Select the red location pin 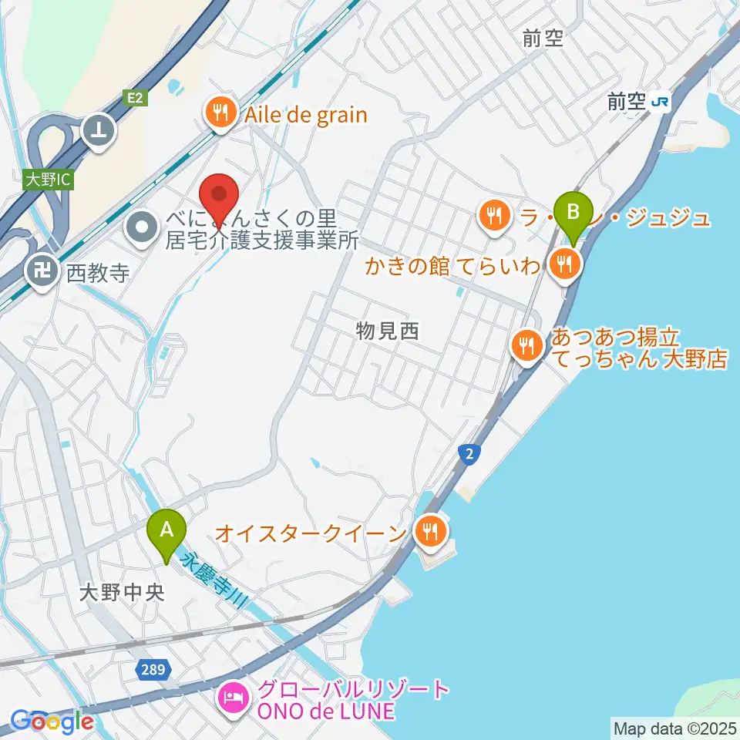pos(219,199)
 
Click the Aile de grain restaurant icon pos(220,114)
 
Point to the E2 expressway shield pos(136,97)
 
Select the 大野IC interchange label pos(48,180)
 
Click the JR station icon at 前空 pos(659,101)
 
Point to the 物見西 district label pos(387,331)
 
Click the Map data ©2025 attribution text pos(673,727)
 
